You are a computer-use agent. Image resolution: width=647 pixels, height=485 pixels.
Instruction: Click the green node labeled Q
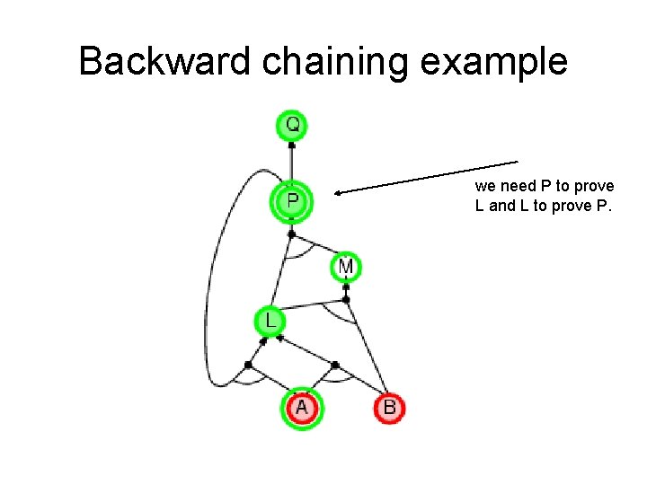[292, 124]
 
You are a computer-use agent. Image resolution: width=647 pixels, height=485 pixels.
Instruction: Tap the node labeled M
[346, 267]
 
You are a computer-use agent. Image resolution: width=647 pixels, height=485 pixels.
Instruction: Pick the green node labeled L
[270, 320]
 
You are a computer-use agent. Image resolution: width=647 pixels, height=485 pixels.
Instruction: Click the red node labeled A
[301, 408]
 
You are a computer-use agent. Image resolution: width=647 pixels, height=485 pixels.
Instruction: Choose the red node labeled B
[389, 409]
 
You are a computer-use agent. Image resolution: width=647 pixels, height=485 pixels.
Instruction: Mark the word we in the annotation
[484, 186]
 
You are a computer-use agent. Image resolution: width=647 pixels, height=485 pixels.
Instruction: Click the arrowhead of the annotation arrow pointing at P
[338, 190]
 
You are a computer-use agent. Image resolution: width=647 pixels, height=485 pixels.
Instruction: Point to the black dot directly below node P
[291, 234]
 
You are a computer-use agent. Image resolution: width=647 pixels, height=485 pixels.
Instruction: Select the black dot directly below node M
[346, 287]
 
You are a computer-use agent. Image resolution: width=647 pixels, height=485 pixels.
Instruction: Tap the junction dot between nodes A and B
[335, 365]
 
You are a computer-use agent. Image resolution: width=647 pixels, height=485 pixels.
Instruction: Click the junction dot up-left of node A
[248, 364]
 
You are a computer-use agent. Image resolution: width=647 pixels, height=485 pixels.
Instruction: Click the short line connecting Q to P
[291, 162]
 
